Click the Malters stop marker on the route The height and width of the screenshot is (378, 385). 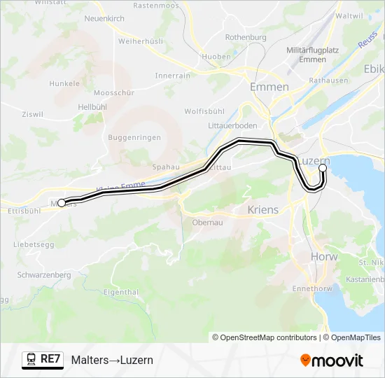pyautogui.click(x=61, y=202)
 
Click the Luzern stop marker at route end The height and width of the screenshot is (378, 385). pyautogui.click(x=323, y=168)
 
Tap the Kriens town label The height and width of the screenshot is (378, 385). pyautogui.click(x=262, y=209)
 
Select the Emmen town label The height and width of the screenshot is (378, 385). pyautogui.click(x=269, y=87)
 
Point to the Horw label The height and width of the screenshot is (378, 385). pyautogui.click(x=323, y=257)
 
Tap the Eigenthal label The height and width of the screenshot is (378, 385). pyautogui.click(x=120, y=291)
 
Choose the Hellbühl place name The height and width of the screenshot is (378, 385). pyautogui.click(x=92, y=106)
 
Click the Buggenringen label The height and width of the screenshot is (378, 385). pyautogui.click(x=134, y=138)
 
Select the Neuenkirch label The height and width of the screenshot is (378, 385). pyautogui.click(x=104, y=18)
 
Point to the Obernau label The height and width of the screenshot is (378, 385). pyautogui.click(x=207, y=223)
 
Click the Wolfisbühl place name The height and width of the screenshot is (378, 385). pyautogui.click(x=204, y=111)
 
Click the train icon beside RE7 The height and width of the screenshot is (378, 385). pyautogui.click(x=31, y=360)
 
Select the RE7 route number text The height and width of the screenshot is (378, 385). pyautogui.click(x=50, y=360)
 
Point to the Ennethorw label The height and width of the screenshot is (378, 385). pyautogui.click(x=330, y=288)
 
